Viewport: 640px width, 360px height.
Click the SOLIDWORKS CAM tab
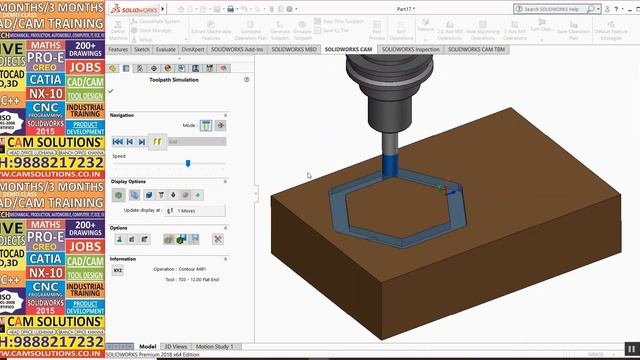(x=348, y=48)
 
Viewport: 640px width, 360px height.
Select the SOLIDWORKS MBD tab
(x=292, y=48)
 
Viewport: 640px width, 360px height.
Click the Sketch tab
(x=143, y=48)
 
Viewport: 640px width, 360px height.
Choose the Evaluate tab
(x=166, y=48)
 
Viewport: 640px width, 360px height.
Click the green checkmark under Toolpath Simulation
(x=111, y=90)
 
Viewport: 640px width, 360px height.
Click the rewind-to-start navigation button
(x=117, y=142)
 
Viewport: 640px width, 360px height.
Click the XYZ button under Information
(x=117, y=270)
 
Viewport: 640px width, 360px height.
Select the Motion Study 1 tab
(x=216, y=346)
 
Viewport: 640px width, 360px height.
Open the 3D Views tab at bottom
(x=175, y=346)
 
